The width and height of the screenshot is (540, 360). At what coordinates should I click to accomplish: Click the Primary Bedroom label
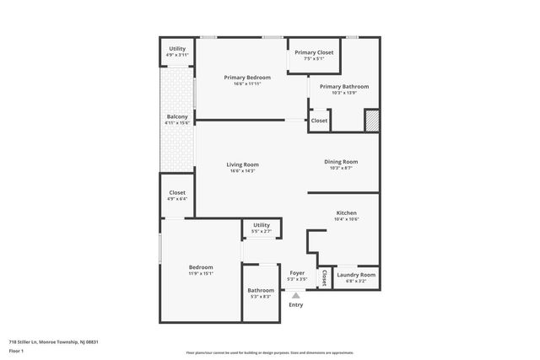click(x=247, y=78)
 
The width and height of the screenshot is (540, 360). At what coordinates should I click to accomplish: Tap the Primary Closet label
click(x=314, y=52)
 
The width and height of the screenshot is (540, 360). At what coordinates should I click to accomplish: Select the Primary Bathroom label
click(x=343, y=86)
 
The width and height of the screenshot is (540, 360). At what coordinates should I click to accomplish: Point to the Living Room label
click(x=242, y=164)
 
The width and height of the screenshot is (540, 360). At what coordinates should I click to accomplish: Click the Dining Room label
click(x=341, y=161)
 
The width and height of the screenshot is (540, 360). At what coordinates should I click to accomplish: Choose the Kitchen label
click(x=347, y=212)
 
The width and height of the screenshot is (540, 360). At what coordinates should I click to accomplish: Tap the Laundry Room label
click(x=356, y=275)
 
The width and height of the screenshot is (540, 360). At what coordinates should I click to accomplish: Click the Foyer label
click(x=297, y=273)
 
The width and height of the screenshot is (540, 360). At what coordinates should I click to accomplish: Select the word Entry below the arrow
click(x=296, y=304)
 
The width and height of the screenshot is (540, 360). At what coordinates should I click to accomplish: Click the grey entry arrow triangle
click(x=296, y=294)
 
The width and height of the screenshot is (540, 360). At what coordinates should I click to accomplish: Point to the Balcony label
click(x=177, y=116)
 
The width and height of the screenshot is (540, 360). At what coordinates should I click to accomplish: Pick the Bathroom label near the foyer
click(x=261, y=290)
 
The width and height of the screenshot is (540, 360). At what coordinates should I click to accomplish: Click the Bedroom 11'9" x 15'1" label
click(x=201, y=267)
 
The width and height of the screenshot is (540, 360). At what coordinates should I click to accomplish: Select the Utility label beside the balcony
click(x=177, y=49)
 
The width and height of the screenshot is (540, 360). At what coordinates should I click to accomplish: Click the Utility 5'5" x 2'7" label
click(x=262, y=225)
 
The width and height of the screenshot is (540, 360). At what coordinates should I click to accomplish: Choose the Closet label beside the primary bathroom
click(x=319, y=121)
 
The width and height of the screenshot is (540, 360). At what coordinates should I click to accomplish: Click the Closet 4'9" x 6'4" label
click(x=177, y=192)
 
